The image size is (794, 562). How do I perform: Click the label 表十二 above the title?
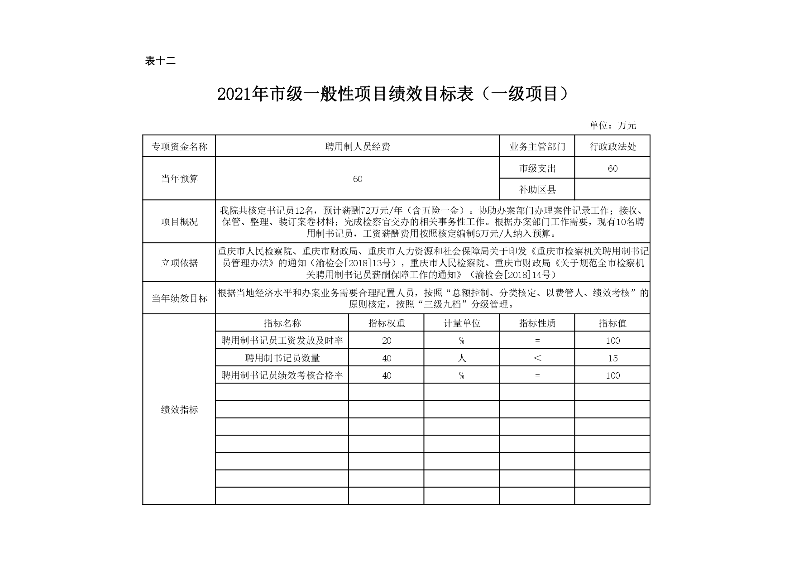160,61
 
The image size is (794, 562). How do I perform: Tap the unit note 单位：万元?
613,125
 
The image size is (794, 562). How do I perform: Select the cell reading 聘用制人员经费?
358,146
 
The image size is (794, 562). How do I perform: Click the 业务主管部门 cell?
537,146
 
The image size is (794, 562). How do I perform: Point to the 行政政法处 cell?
612,146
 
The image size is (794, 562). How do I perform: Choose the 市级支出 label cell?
537,168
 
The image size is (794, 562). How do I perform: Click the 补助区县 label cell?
537,190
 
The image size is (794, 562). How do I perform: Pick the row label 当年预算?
179,179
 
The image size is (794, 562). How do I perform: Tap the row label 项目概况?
179,222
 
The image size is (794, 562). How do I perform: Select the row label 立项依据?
179,263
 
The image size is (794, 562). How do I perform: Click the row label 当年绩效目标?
179,298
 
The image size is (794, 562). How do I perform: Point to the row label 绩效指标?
179,410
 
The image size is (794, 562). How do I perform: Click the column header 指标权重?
386,323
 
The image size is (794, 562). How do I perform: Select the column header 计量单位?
461,323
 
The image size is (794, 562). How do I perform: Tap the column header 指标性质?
537,323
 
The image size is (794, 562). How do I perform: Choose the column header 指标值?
612,323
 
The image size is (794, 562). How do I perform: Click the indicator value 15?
612,358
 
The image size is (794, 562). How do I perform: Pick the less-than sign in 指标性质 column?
537,358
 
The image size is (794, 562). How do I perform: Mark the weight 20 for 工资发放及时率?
386,341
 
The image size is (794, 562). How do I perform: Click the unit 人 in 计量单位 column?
461,358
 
